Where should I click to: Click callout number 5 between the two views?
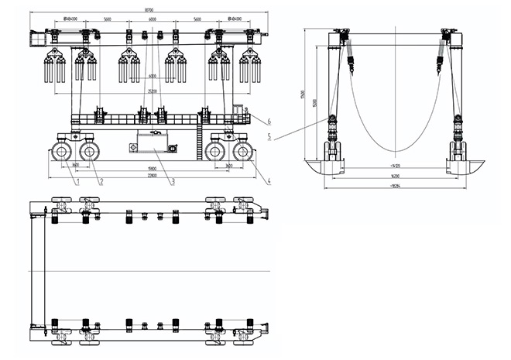267,136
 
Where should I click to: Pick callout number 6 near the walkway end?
267,121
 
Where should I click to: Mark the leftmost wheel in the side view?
63,152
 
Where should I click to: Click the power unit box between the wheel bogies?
154,142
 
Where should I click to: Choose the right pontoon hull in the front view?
466,166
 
